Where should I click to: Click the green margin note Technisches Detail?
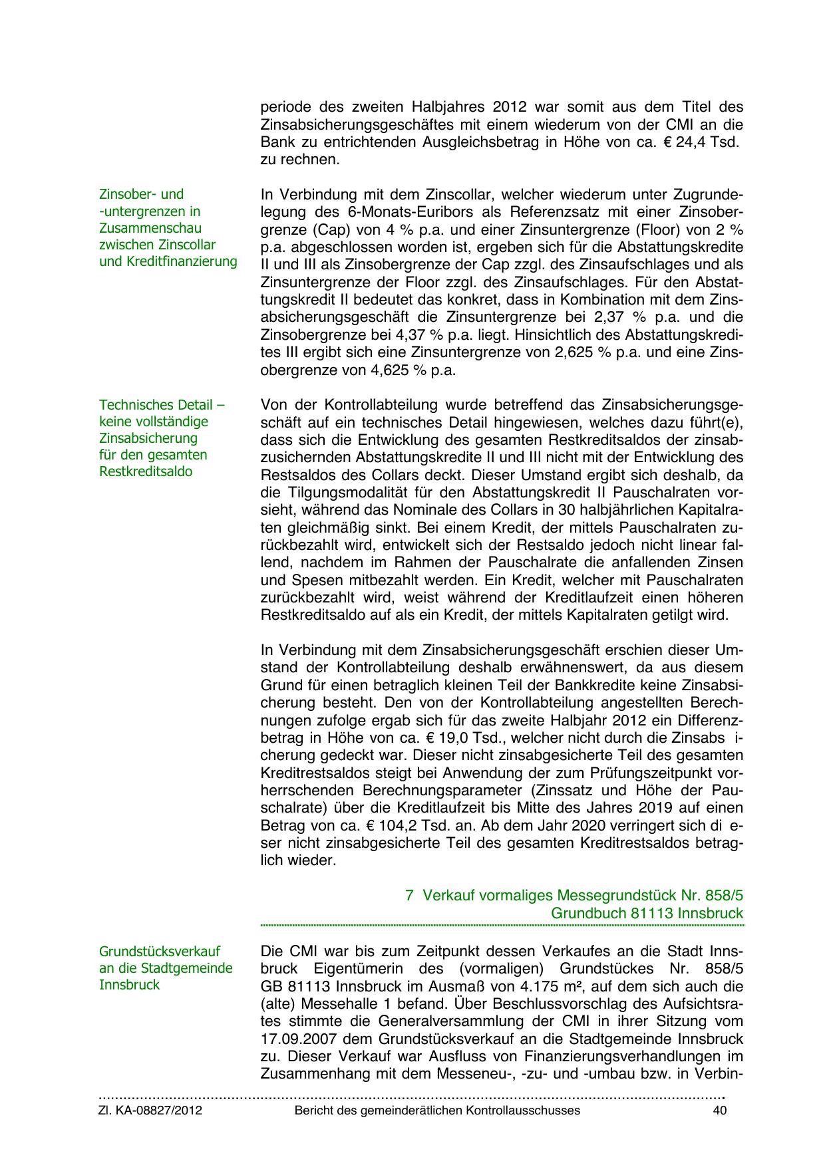coord(162,405)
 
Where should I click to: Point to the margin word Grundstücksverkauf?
coord(160,952)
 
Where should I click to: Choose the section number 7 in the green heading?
coord(409,895)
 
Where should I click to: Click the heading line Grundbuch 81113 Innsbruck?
coord(647,913)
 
